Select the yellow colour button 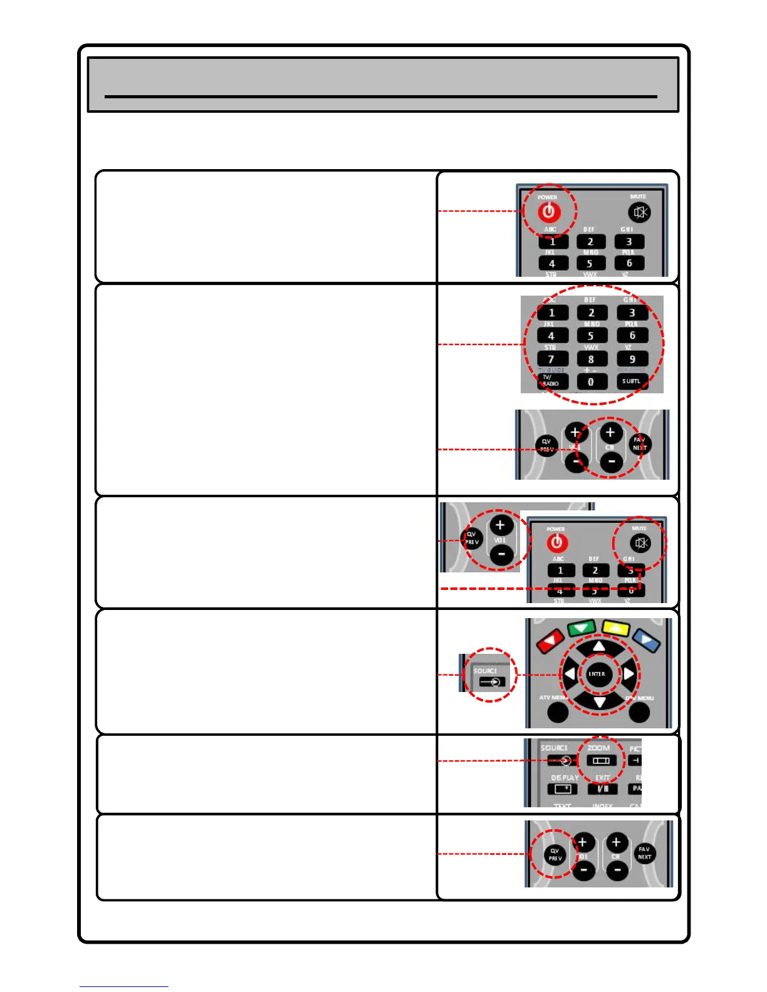[615, 628]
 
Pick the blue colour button [646, 640]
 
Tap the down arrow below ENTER [600, 701]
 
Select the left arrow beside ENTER [570, 674]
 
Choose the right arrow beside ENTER [629, 674]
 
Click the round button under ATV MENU [558, 712]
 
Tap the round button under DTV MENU [639, 712]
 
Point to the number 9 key [632, 359]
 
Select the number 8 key [591, 359]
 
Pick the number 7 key [551, 359]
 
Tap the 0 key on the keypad [591, 381]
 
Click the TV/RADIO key [551, 381]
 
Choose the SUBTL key [632, 381]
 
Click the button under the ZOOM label [601, 760]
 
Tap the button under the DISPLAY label [563, 789]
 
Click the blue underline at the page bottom [123, 986]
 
